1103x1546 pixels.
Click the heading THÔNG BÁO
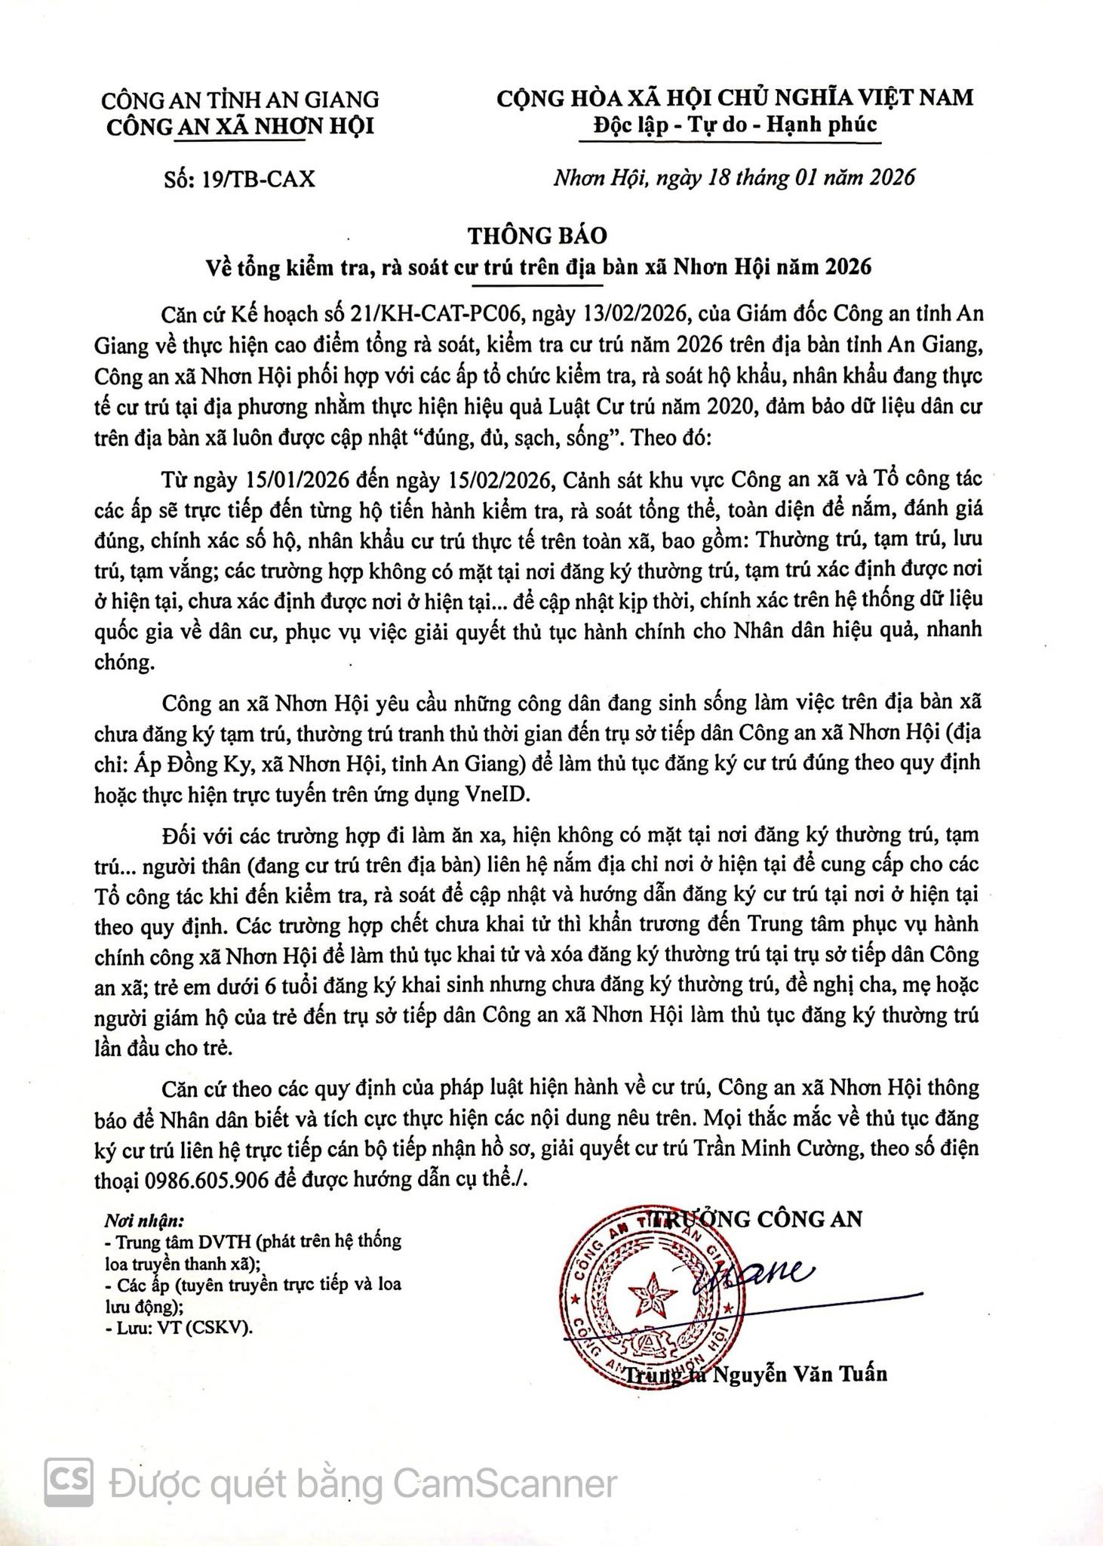pyautogui.click(x=536, y=236)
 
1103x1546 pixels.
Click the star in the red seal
pyautogui.click(x=653, y=1299)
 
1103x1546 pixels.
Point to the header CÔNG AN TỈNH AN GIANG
pyautogui.click(x=240, y=100)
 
